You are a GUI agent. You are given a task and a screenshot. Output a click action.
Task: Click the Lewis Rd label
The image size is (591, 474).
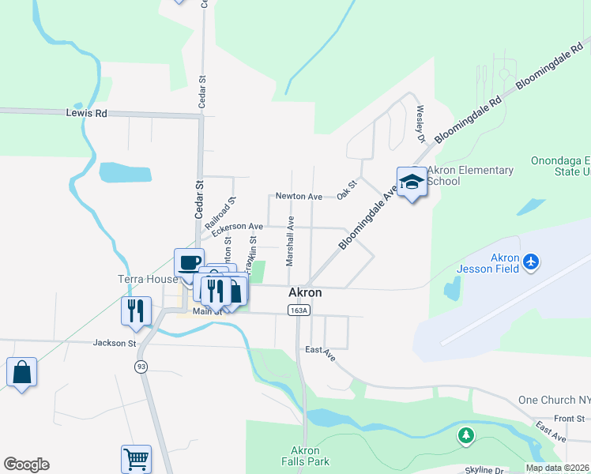(87, 113)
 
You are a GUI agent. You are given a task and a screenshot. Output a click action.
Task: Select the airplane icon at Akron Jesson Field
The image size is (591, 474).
(532, 261)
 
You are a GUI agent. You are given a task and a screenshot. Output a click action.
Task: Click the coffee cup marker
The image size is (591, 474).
(190, 263)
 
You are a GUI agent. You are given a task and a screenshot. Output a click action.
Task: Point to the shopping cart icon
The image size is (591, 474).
(136, 458)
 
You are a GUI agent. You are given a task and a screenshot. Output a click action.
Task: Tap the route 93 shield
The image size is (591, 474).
(141, 367)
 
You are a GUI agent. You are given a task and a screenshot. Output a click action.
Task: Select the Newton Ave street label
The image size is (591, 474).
(299, 196)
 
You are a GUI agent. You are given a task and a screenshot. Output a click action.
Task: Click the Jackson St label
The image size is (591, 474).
(115, 343)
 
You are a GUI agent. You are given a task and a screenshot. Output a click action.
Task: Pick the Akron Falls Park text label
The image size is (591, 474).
(305, 456)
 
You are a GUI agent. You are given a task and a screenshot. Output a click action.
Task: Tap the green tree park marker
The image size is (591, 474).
(467, 434)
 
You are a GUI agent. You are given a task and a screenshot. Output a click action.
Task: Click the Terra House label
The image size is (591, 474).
(146, 280)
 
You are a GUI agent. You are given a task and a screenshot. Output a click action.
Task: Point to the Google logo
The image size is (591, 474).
(26, 465)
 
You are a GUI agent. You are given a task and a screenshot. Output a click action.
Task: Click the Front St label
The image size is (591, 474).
(569, 418)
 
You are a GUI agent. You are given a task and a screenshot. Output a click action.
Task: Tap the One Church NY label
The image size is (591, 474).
(553, 401)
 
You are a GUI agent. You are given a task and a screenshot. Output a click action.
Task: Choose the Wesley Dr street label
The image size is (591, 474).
(420, 123)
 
